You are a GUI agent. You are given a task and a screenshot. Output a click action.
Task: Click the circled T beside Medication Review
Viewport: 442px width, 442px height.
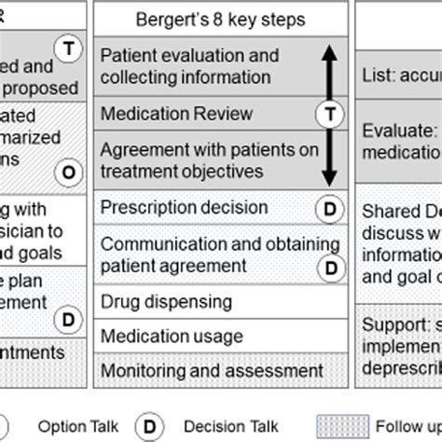[328, 115]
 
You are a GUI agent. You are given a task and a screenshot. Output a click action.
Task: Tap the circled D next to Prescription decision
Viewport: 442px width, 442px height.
[328, 208]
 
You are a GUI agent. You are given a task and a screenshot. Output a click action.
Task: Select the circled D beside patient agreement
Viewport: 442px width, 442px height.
[328, 268]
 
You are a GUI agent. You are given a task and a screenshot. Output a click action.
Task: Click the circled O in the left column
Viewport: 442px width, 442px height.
[66, 171]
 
